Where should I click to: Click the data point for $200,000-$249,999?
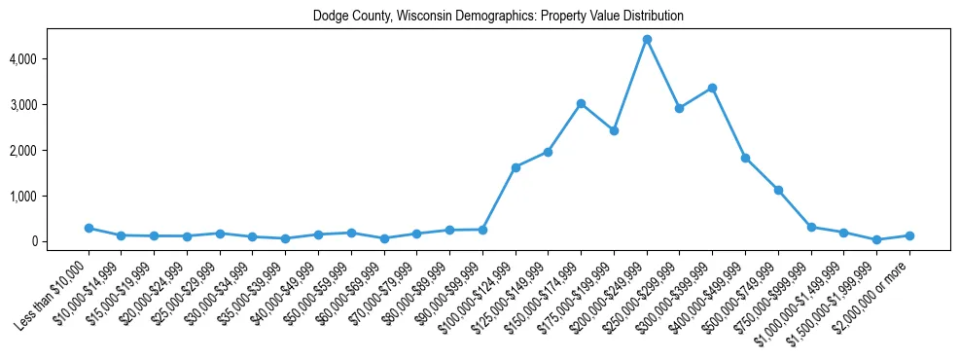coord(647,40)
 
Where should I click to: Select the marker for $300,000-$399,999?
coord(712,88)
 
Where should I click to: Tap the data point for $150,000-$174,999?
coord(581,103)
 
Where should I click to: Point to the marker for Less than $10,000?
coord(89,228)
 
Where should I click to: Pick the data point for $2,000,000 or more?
coord(909,235)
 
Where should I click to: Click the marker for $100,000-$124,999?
coord(516,167)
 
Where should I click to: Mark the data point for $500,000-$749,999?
coord(778,190)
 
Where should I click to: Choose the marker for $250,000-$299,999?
coord(680,108)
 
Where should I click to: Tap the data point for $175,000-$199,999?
coord(614,130)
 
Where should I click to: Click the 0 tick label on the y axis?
coord(60,241)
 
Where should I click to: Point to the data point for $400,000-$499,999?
coord(745,158)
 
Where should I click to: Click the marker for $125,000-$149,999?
coord(549,152)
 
